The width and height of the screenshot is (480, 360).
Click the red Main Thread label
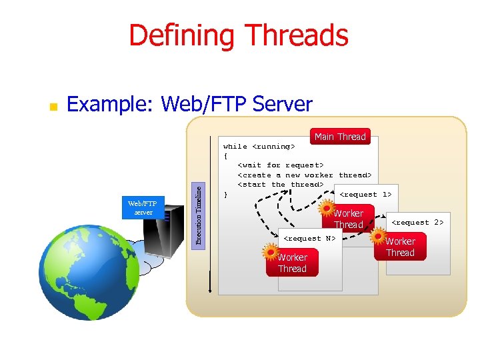340,137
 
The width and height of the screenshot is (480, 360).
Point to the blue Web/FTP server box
143,207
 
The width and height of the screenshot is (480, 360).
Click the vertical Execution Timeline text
198,213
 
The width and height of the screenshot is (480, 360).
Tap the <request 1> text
365,194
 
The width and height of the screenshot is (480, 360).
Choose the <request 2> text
417,222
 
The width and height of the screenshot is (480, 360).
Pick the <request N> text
310,238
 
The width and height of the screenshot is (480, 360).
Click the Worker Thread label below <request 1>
349,219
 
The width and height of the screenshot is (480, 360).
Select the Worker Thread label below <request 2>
400,247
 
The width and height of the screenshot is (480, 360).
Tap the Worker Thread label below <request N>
292,263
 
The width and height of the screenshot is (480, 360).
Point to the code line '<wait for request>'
280,165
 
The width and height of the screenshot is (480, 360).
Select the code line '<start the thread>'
280,185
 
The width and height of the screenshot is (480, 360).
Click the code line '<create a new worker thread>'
304,175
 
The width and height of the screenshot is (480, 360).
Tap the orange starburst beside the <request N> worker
270,252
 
